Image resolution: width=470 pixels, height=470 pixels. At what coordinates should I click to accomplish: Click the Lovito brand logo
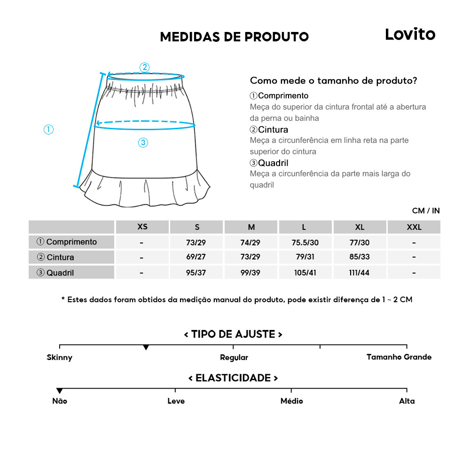pyautogui.click(x=410, y=34)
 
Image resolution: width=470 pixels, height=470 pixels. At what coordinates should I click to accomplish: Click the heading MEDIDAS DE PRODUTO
pyautogui.click(x=234, y=37)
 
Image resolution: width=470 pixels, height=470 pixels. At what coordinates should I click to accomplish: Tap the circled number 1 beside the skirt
pyautogui.click(x=48, y=129)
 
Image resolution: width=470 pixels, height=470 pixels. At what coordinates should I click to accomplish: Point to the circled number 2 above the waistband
pyautogui.click(x=145, y=67)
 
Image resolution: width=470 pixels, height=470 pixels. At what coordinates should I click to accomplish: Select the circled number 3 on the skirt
pyautogui.click(x=143, y=143)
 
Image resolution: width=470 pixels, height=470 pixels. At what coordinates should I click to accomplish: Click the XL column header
pyautogui.click(x=360, y=227)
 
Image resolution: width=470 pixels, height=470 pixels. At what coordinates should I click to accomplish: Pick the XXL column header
pyautogui.click(x=414, y=227)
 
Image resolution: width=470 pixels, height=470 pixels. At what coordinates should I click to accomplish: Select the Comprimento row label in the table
pyautogui.click(x=67, y=242)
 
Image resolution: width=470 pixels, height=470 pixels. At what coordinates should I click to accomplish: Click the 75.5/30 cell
pyautogui.click(x=305, y=243)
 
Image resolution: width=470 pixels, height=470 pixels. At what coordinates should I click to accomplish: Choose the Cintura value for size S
pyautogui.click(x=196, y=258)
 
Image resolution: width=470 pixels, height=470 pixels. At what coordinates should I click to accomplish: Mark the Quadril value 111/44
pyautogui.click(x=360, y=273)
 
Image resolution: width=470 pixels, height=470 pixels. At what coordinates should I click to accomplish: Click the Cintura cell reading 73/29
pyautogui.click(x=251, y=258)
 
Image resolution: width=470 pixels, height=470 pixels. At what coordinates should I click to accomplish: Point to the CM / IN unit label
pyautogui.click(x=426, y=211)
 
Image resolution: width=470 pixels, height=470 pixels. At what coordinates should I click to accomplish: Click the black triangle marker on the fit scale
pyautogui.click(x=146, y=347)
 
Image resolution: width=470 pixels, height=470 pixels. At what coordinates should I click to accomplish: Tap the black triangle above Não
pyautogui.click(x=60, y=391)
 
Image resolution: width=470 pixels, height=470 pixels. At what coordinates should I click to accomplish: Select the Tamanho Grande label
pyautogui.click(x=399, y=357)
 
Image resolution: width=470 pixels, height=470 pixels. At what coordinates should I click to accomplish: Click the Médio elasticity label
pyautogui.click(x=291, y=401)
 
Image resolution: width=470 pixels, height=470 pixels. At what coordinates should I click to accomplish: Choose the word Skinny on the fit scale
pyautogui.click(x=60, y=358)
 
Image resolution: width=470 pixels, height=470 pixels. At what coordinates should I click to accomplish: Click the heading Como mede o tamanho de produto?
pyautogui.click(x=333, y=80)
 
